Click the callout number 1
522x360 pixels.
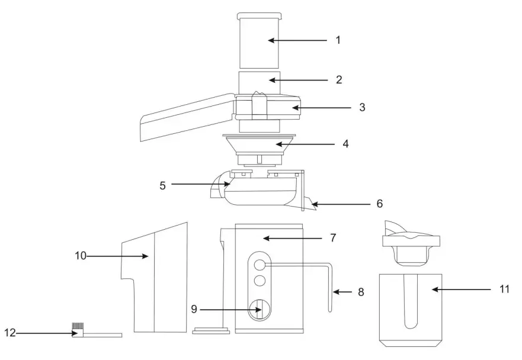click(338, 40)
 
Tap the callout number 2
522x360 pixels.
click(338, 79)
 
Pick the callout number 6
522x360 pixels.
click(379, 204)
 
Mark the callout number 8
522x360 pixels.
click(360, 292)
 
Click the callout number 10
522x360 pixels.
click(81, 256)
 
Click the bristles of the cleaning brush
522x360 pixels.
click(78, 326)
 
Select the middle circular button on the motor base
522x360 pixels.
click(259, 279)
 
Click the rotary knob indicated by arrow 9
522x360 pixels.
click(259, 308)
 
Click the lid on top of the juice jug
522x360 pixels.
click(412, 240)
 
